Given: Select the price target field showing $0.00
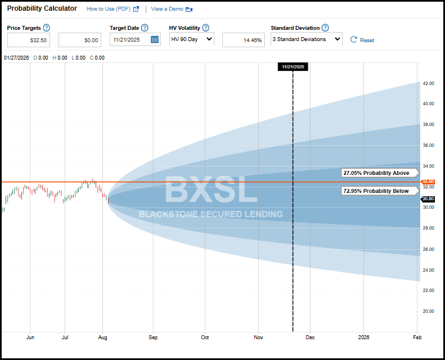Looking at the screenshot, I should click(79, 39).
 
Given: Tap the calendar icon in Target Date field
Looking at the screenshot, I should click(155, 39).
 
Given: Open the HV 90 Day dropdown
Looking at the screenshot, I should click(191, 39).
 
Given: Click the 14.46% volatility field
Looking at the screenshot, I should click(244, 39).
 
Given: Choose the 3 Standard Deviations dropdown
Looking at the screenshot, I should click(306, 39).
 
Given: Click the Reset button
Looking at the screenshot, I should click(362, 40).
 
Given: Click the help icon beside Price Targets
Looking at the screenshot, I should click(46, 28).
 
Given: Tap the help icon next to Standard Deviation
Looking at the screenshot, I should click(325, 28).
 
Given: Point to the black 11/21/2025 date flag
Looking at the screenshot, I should click(293, 66).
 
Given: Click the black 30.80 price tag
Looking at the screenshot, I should click(429, 199).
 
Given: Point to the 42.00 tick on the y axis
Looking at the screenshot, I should click(428, 83).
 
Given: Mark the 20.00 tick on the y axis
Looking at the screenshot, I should click(428, 311).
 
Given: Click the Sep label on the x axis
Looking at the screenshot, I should click(153, 337).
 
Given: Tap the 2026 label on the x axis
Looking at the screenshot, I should click(364, 337).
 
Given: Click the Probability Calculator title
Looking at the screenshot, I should click(42, 8).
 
